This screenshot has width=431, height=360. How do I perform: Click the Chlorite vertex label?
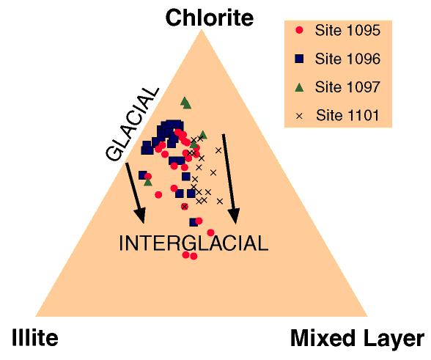click(210, 18)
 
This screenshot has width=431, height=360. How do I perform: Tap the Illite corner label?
click(35, 337)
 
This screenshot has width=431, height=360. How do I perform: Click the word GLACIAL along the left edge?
click(132, 125)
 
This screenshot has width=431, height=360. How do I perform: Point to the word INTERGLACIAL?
click(194, 243)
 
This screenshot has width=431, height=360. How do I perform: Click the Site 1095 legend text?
click(347, 30)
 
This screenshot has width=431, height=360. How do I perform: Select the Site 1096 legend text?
click(347, 59)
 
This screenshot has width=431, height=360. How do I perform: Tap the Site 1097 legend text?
click(347, 87)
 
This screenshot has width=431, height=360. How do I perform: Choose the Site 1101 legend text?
click(347, 115)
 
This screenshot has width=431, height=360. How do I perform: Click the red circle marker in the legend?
click(299, 30)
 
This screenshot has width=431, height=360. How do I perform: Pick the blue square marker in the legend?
click(299, 59)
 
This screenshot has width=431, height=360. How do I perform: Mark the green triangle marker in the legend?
click(299, 87)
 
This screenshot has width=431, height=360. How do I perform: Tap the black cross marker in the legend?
click(299, 116)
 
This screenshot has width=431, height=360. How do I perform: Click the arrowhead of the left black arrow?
click(140, 216)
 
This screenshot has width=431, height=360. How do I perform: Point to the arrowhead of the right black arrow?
click(235, 216)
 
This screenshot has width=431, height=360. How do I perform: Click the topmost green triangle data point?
click(185, 103)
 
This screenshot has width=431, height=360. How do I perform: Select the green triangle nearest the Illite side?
click(148, 182)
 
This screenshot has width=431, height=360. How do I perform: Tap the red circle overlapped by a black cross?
click(185, 206)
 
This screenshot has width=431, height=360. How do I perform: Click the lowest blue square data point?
click(194, 222)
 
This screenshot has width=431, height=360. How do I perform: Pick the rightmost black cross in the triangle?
click(220, 202)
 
